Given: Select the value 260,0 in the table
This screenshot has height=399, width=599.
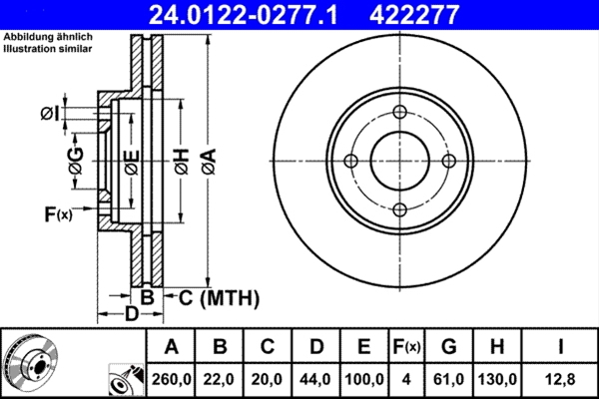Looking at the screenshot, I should pyautogui.click(x=171, y=380).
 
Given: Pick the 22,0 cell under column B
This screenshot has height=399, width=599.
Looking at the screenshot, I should pyautogui.click(x=220, y=380).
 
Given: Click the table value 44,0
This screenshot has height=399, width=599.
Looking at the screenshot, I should pyautogui.click(x=316, y=380).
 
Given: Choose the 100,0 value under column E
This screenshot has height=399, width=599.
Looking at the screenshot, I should pyautogui.click(x=364, y=380).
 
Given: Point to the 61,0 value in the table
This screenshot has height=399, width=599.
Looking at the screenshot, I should pyautogui.click(x=449, y=380).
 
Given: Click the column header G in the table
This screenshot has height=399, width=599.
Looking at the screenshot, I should pyautogui.click(x=449, y=347).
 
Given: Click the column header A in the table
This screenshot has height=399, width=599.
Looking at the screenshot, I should pyautogui.click(x=171, y=347).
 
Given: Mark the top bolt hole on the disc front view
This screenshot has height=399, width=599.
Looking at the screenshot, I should pyautogui.click(x=399, y=113).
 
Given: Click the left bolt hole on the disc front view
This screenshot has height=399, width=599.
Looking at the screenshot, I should pyautogui.click(x=350, y=162).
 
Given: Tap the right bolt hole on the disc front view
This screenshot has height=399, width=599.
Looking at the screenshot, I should pyautogui.click(x=448, y=162).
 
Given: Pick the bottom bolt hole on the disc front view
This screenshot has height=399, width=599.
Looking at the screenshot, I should pyautogui.click(x=399, y=209).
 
